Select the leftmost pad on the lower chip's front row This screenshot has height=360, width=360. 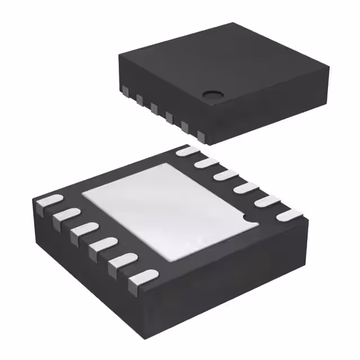pyautogui.click(x=48, y=201)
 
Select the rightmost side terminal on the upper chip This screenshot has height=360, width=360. pyautogui.click(x=200, y=134)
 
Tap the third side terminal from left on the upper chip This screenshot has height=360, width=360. pyautogui.click(x=154, y=107)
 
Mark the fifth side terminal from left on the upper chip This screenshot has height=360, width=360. pyautogui.click(x=184, y=125)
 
